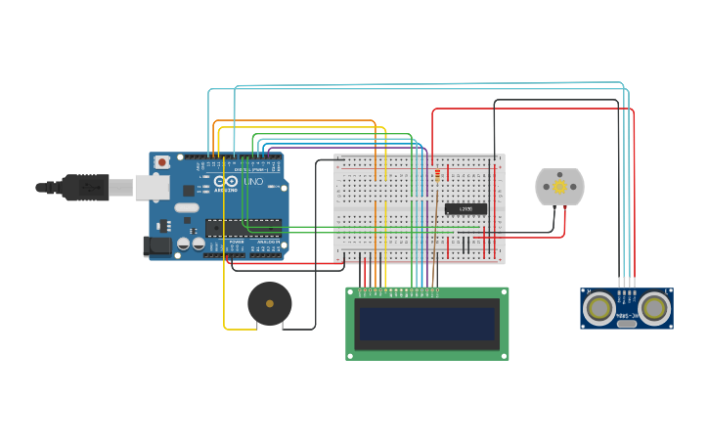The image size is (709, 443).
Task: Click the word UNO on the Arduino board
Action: tap(252, 182)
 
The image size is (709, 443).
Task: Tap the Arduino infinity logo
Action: tap(225, 182)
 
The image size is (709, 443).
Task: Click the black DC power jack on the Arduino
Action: tap(156, 246)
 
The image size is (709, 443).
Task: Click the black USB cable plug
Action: tap(86, 186)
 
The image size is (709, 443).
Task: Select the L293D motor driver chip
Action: tap(465, 208)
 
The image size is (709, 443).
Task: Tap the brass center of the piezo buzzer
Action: tap(269, 303)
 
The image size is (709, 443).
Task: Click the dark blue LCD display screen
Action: tap(427, 324)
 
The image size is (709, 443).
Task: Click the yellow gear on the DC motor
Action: tap(559, 187)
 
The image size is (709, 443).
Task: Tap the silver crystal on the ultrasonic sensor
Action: tap(627, 322)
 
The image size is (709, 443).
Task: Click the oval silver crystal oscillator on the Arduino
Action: tap(187, 207)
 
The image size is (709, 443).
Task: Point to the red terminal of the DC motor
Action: tap(564, 206)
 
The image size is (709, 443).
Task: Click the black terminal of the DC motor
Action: tap(554, 206)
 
